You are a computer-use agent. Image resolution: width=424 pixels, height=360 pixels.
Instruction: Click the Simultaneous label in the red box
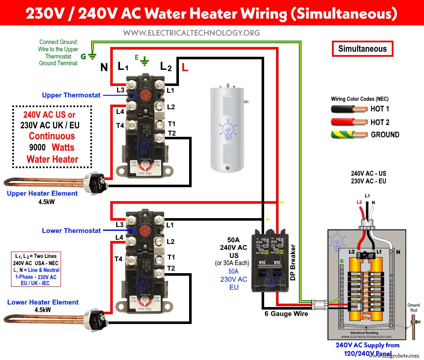click(x=362, y=49)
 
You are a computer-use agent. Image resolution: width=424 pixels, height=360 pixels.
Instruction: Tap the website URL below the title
click(x=191, y=33)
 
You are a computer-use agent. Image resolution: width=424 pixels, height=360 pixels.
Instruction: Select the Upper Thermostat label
click(x=71, y=95)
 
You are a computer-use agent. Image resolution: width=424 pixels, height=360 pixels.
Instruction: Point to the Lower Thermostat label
click(x=71, y=230)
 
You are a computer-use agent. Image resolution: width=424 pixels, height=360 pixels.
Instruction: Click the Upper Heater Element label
click(x=42, y=193)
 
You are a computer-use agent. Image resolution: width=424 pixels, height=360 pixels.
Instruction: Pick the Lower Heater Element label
click(x=43, y=302)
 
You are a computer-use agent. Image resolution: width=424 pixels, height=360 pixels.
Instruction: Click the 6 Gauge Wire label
click(x=287, y=314)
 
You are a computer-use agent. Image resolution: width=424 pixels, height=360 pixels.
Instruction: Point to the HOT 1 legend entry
click(x=379, y=109)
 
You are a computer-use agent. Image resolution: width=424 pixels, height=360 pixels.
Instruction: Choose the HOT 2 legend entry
click(x=379, y=122)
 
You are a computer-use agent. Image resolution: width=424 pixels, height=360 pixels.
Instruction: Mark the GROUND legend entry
click(x=385, y=135)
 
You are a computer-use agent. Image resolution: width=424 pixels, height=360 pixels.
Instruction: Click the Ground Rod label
click(x=413, y=307)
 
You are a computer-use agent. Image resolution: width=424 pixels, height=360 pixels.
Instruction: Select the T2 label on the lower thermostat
click(x=171, y=268)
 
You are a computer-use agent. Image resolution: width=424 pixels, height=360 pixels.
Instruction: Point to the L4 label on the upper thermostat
click(x=120, y=111)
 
